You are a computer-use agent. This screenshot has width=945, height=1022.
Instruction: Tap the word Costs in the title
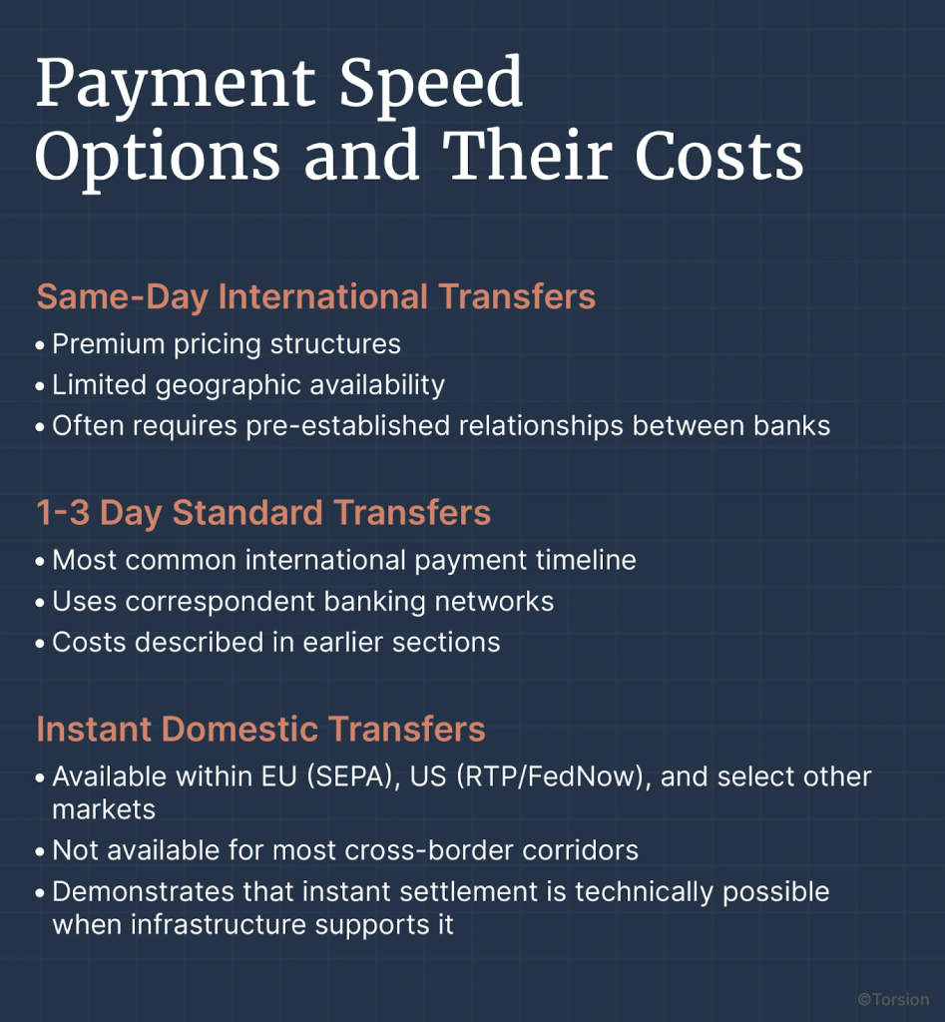[718, 157]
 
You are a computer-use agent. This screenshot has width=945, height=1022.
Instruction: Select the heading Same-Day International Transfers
[316, 297]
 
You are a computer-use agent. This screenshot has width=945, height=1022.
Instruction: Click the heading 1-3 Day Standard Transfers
[263, 512]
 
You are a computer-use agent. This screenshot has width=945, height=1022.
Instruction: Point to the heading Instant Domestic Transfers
[260, 729]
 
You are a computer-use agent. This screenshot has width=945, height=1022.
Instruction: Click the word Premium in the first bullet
[108, 344]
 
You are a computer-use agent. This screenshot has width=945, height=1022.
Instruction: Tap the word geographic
[229, 386]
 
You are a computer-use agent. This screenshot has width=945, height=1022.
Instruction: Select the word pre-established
[348, 427]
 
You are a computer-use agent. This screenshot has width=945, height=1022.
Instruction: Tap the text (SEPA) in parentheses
[353, 776]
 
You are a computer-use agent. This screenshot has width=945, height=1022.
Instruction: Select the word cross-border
[429, 850]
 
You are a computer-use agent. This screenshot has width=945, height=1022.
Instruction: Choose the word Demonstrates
[143, 891]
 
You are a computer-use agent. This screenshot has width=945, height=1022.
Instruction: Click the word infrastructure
[219, 925]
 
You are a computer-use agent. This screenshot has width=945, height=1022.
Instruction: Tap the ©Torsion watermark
[893, 999]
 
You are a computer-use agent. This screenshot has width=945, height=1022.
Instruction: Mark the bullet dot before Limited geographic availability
[40, 386]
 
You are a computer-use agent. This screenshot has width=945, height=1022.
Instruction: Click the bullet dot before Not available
[40, 852]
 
